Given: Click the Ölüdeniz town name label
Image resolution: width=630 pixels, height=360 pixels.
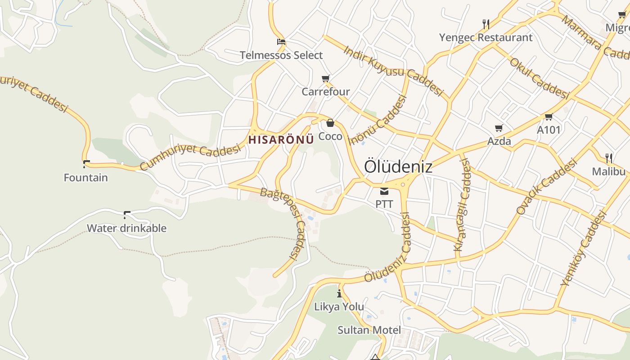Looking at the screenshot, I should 398,166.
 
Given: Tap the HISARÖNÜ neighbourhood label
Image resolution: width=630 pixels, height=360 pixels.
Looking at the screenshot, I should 281,139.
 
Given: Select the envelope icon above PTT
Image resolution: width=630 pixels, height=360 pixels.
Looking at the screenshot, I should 384,191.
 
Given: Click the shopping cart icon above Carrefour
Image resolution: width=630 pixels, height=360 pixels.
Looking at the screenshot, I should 326,79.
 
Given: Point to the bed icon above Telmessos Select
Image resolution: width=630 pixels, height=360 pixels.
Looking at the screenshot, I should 281,42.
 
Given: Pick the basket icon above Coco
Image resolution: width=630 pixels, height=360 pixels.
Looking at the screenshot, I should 330,123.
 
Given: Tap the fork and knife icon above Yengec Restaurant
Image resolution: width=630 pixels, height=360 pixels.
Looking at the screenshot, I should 486,24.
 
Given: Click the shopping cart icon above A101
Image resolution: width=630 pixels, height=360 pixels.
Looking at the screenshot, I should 549,117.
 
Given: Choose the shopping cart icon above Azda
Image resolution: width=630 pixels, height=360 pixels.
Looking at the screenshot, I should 499,128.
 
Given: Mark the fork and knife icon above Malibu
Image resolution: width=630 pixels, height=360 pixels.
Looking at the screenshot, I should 609,158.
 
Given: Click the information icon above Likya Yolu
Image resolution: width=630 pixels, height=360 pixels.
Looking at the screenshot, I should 339,294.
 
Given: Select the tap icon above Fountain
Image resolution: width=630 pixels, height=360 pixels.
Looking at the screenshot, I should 86,164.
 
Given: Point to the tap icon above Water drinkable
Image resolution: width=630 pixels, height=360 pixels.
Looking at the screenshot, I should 127,215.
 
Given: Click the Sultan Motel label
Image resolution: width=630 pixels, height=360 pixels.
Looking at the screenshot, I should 369,330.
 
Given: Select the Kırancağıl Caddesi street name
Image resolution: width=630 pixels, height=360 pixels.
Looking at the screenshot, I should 462,205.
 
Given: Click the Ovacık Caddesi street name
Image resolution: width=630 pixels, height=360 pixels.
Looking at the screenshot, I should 546,187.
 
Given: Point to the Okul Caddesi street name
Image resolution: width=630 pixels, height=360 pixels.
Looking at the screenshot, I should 539,78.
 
